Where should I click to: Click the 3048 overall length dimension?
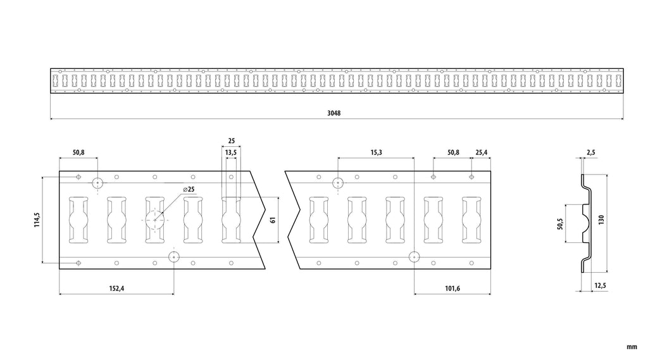[x=334, y=113]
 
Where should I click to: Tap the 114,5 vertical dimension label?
[x=37, y=220]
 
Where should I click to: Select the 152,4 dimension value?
[x=116, y=288]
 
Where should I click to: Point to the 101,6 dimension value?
[x=452, y=288]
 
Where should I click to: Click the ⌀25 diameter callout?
[x=189, y=189]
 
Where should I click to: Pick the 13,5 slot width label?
[x=231, y=152]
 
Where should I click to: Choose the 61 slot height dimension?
[x=272, y=220]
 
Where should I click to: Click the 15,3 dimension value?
[x=376, y=152]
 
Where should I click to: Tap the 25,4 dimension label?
[x=482, y=152]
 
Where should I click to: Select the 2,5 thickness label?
[x=591, y=152]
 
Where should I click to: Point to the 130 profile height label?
[x=601, y=220]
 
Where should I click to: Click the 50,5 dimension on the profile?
[x=561, y=223]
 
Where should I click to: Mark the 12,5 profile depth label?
[x=600, y=285]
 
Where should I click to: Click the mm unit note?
[x=632, y=347]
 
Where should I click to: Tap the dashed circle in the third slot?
[x=155, y=220]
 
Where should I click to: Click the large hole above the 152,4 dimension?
[x=174, y=257]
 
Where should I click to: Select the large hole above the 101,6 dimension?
[x=414, y=257]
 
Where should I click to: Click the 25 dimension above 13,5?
[x=232, y=141]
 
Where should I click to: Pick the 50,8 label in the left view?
[x=78, y=152]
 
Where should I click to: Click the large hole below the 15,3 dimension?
[x=338, y=182]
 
